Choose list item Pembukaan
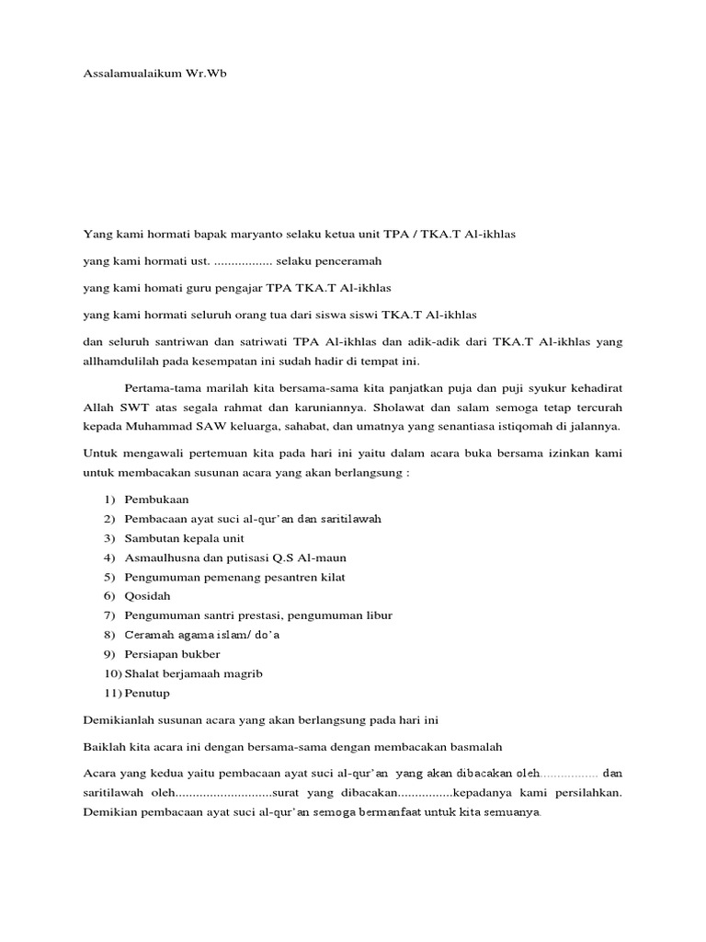point(157,500)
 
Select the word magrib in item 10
point(242,673)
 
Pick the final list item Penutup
point(147,693)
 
